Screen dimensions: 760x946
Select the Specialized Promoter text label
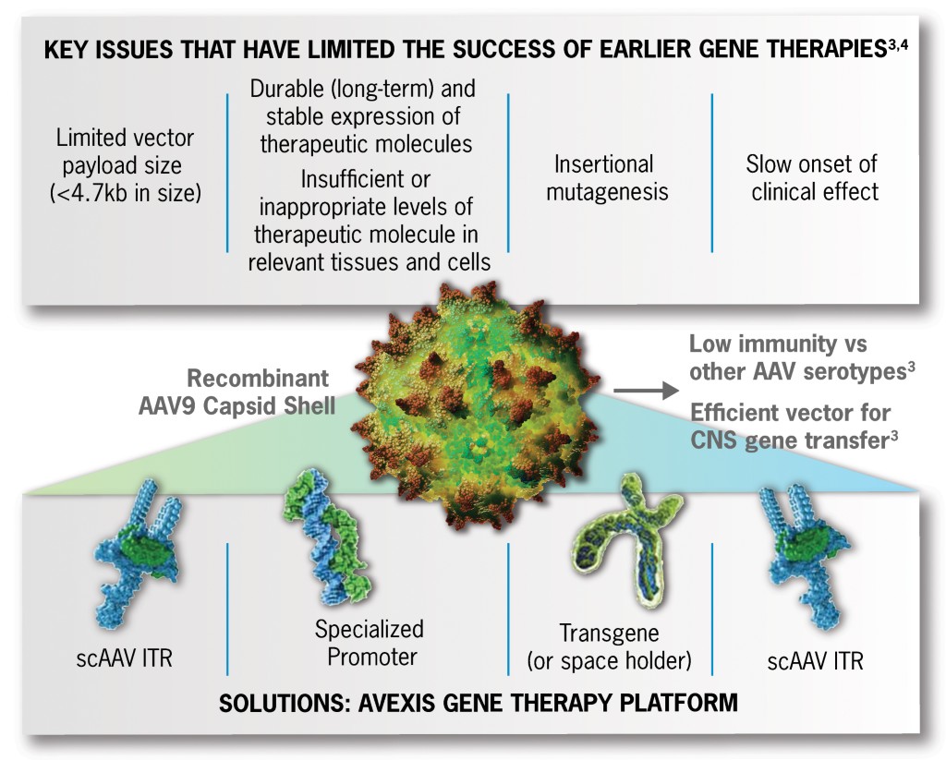pos(369,644)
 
